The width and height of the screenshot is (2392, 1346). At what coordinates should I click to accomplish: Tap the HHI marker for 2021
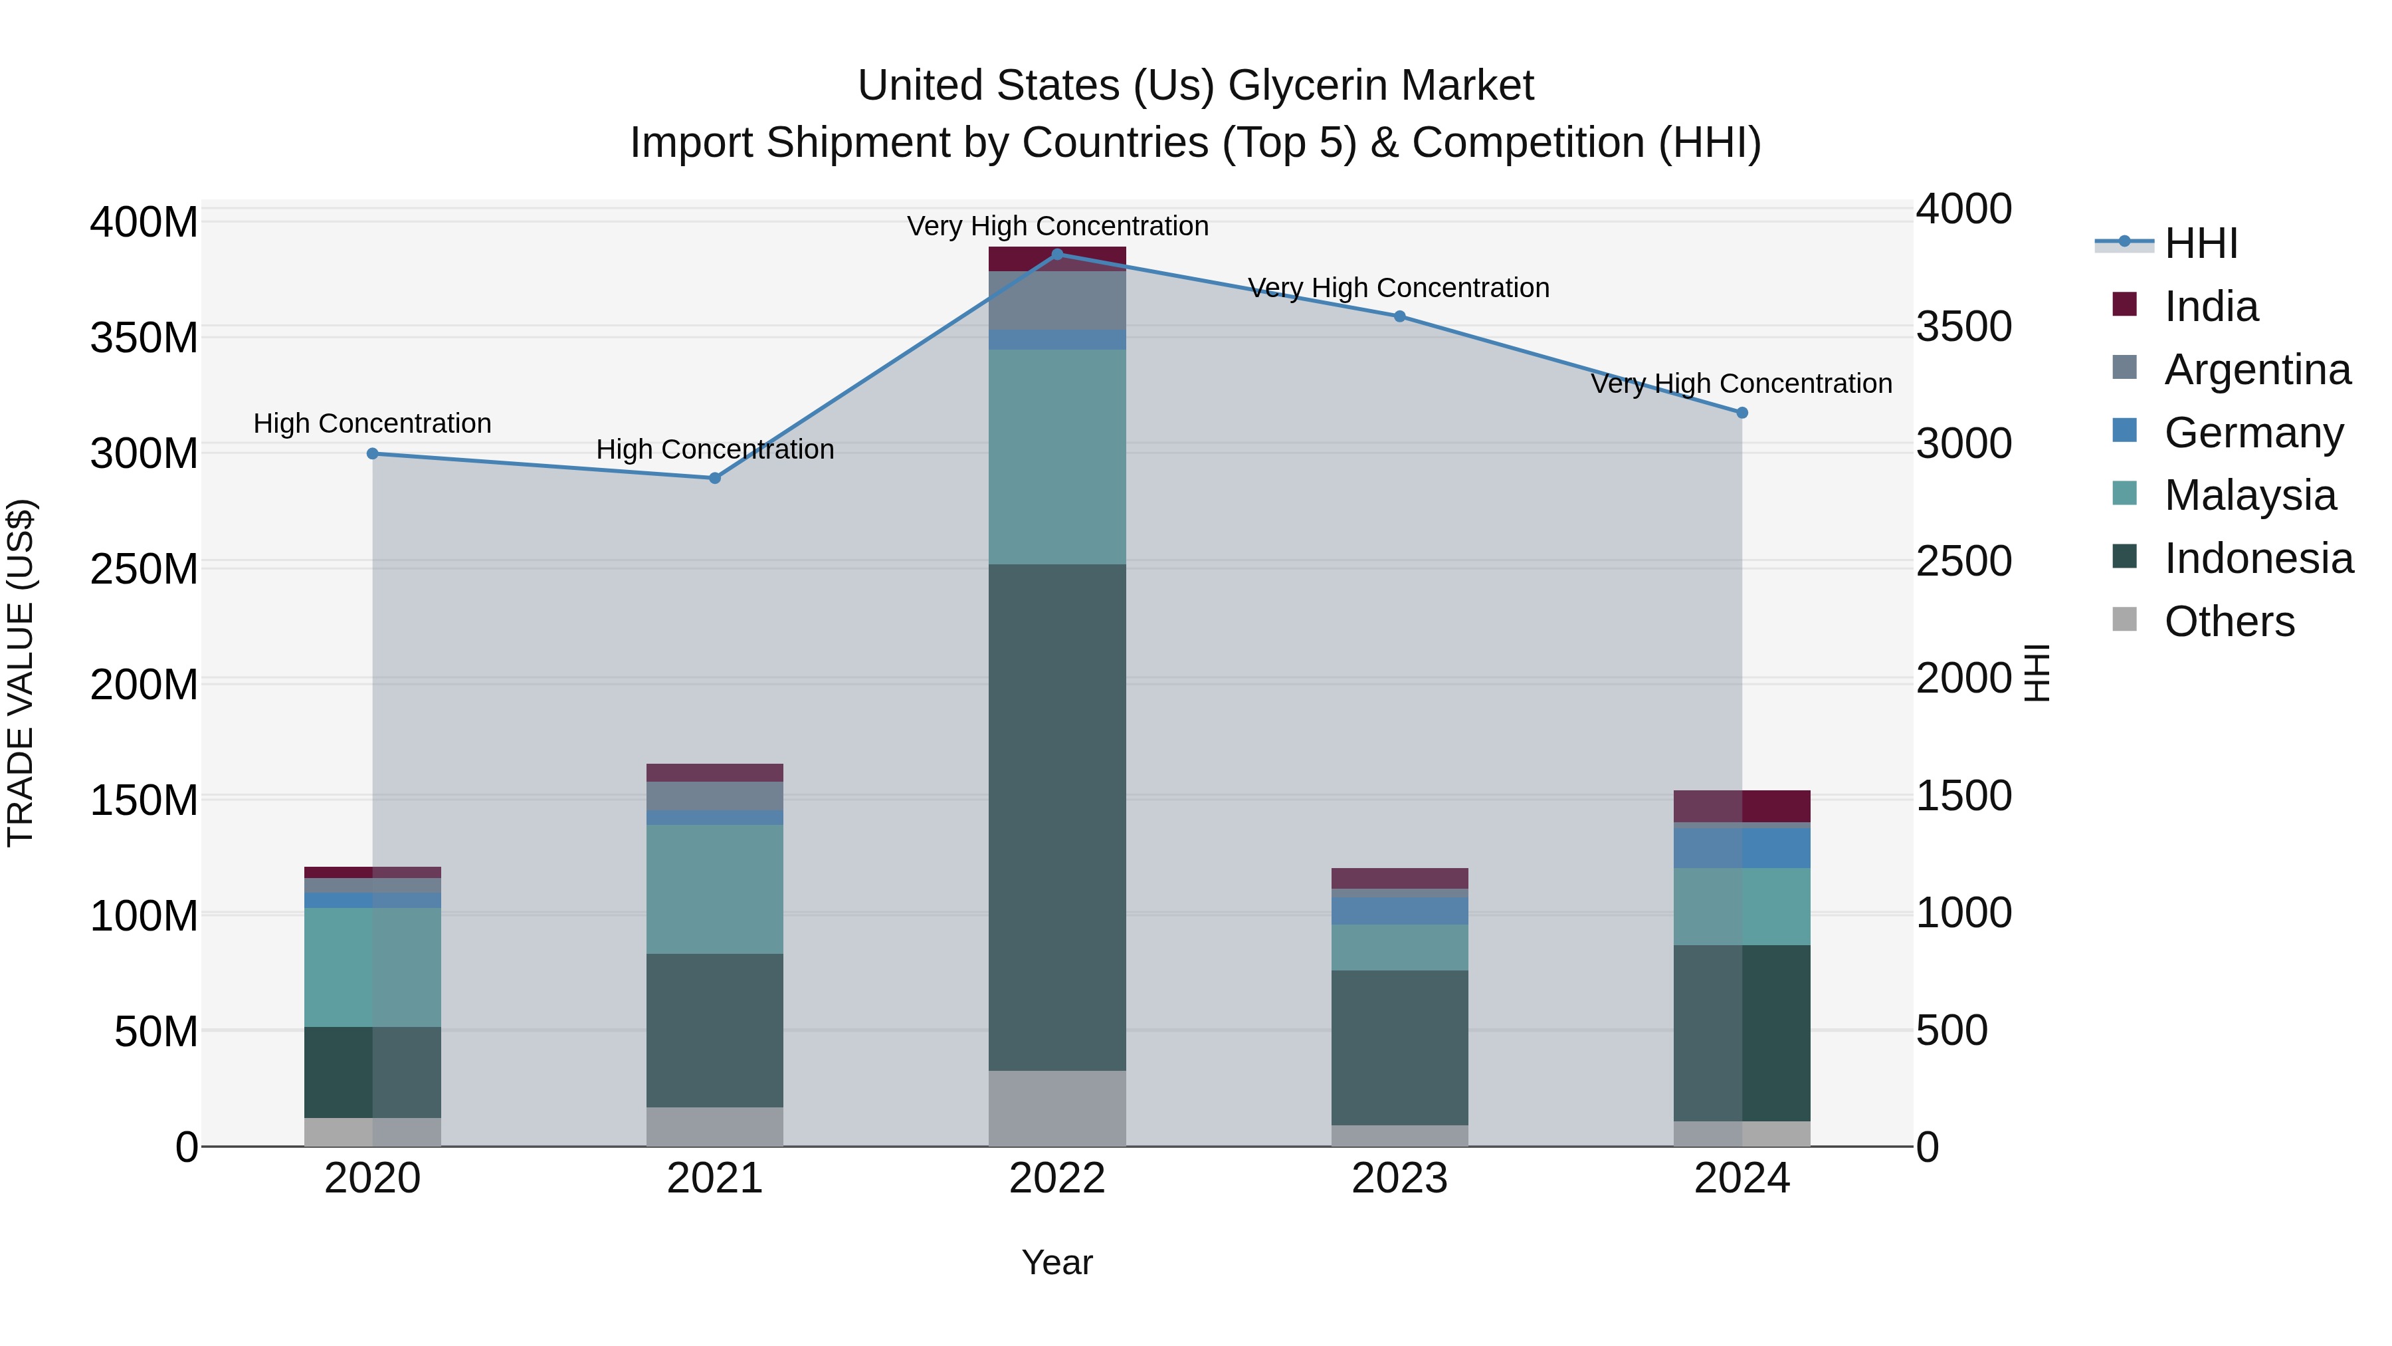[x=715, y=479]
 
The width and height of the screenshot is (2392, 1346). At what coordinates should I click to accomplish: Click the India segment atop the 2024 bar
[x=1742, y=806]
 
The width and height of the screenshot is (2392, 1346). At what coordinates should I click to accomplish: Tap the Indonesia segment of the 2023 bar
[x=1399, y=1048]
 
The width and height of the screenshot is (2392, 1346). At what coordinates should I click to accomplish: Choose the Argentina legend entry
[x=2256, y=370]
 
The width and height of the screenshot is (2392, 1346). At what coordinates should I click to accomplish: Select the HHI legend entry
[x=2200, y=243]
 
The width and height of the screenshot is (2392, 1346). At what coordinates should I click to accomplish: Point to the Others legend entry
[x=2229, y=621]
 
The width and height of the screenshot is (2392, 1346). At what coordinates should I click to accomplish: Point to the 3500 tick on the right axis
[x=1963, y=327]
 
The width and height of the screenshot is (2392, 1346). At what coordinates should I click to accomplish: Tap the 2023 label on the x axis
[x=1399, y=1178]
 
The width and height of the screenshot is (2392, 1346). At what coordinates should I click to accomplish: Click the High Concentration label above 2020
[x=372, y=423]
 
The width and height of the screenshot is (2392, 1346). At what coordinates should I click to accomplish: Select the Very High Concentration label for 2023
[x=1399, y=288]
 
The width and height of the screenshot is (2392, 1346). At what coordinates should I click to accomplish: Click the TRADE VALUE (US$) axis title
[x=21, y=673]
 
